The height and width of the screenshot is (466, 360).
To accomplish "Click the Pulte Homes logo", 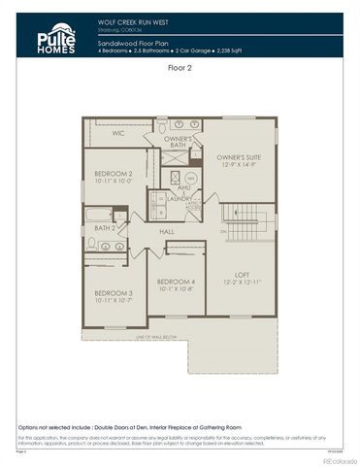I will pos(56,36).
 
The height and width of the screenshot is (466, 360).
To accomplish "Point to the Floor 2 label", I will pos(180,69).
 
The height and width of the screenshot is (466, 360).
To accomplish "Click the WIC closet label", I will pos(118,133).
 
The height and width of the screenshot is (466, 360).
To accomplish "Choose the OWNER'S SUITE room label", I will pos(239,157).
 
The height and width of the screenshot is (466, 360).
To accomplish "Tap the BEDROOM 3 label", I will pos(115,293).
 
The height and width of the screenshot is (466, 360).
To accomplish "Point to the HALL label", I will pos(166,232).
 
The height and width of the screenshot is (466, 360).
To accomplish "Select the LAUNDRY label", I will pos(180,198).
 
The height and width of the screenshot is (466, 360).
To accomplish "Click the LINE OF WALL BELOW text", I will pos(148,337).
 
